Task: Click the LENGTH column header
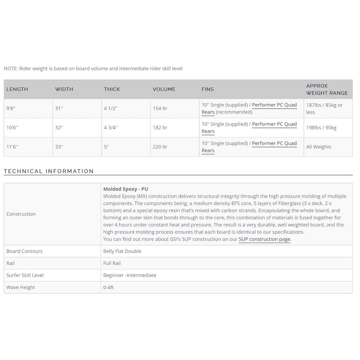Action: click(x=17, y=89)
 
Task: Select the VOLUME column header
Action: click(x=164, y=89)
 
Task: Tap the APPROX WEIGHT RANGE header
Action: click(x=327, y=89)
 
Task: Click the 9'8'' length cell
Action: click(x=11, y=108)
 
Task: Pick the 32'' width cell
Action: click(x=59, y=128)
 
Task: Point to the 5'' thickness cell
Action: click(x=107, y=147)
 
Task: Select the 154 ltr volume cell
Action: click(x=160, y=108)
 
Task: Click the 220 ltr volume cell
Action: click(x=160, y=147)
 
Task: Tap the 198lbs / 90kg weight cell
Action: click(x=321, y=128)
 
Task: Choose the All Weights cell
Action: click(x=319, y=147)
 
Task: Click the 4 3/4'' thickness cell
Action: click(x=111, y=128)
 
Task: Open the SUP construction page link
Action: click(x=264, y=239)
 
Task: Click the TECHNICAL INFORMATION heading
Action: click(x=49, y=171)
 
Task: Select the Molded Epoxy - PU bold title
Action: click(x=126, y=189)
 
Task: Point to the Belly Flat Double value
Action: click(x=122, y=251)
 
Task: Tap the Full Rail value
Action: click(x=112, y=263)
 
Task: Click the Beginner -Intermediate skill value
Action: click(x=130, y=275)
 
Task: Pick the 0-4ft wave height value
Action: click(x=108, y=287)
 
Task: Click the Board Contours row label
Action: click(x=24, y=251)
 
